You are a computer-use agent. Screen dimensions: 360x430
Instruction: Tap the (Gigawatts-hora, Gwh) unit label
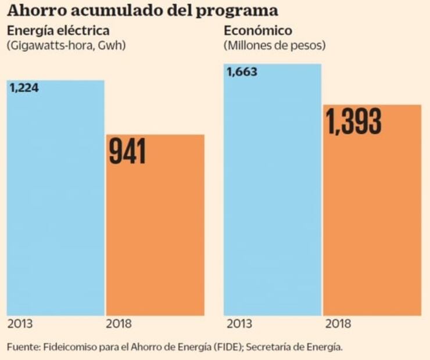66,45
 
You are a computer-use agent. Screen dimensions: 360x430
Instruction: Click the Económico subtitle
257,31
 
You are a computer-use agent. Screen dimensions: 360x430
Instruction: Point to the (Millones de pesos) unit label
274,45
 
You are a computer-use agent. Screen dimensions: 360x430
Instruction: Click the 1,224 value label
24,88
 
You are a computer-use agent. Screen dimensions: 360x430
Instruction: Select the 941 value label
128,152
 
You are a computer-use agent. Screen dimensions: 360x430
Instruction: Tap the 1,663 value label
242,73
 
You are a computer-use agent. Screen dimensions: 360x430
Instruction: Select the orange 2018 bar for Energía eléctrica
155,232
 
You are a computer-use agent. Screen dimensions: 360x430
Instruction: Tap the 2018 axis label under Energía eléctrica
119,324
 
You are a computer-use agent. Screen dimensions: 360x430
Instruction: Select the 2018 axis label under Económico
336,324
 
